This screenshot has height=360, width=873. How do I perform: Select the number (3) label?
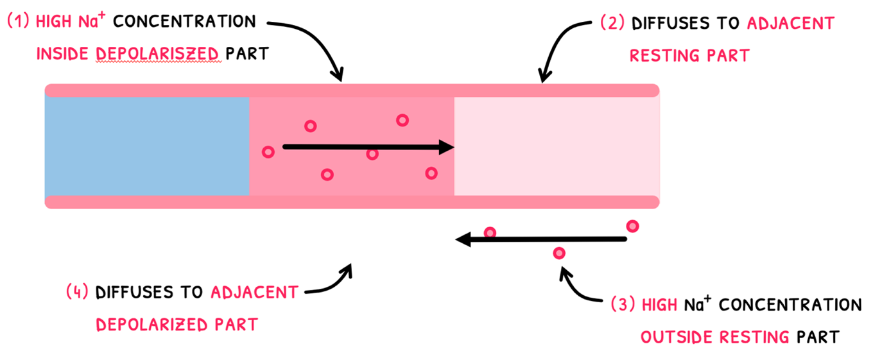coord(623,304)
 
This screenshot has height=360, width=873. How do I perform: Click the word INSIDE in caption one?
coord(63,54)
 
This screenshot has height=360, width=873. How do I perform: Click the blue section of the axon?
coord(146,146)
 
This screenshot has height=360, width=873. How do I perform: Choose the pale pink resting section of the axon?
coord(556,146)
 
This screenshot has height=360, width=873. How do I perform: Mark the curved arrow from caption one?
coord(315,45)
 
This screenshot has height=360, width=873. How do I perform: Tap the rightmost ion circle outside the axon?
coord(632,226)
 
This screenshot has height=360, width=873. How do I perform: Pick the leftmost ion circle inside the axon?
coord(268,152)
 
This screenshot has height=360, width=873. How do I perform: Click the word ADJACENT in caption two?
coord(790,24)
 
